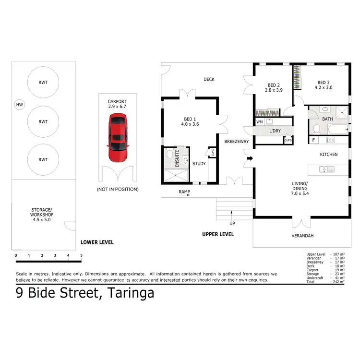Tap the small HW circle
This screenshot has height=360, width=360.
click(x=19, y=105)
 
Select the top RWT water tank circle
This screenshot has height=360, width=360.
click(x=43, y=82)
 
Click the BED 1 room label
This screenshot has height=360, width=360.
click(x=189, y=119)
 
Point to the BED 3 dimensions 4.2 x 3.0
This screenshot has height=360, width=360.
click(x=323, y=88)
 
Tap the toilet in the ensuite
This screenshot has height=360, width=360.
click(x=168, y=155)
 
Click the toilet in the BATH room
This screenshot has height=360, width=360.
click(x=316, y=128)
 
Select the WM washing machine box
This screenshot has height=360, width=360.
click(x=260, y=122)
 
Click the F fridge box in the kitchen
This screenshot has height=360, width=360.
click(x=313, y=140)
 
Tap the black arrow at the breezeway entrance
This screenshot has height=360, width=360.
click(x=250, y=157)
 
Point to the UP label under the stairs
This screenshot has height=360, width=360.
click(x=232, y=224)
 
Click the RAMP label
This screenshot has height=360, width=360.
click(x=184, y=192)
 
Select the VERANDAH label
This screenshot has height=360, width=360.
click(x=302, y=236)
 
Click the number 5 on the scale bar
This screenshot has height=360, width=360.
click(x=81, y=255)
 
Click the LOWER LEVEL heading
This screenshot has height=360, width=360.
click(x=97, y=242)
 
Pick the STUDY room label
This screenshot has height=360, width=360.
click(x=199, y=164)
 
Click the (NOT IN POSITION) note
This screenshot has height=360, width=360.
click(x=117, y=189)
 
